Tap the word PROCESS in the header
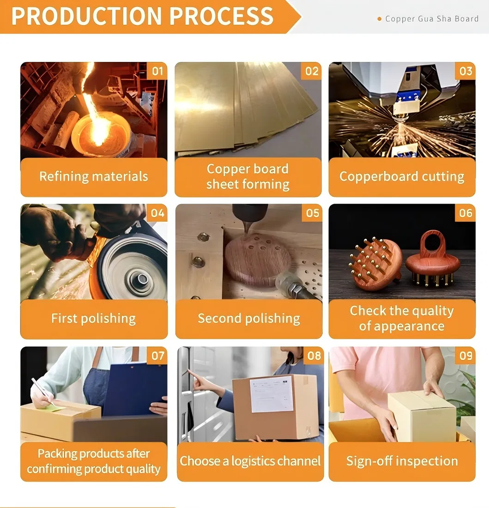pos(222,16)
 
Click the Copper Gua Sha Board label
pos(432,19)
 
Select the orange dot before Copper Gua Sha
pos(380,19)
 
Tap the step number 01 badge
pos(157,71)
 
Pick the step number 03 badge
pos(465,71)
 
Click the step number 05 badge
pos(312,213)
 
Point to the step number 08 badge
pos(314,356)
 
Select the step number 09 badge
pos(465,356)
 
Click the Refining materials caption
pos(94,176)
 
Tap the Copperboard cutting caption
pos(402,176)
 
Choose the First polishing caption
pos(94,319)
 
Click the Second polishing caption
pos(248,319)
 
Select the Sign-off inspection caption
pos(402,461)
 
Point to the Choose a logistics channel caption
pos(250,461)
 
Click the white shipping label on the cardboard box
pos(271,394)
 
